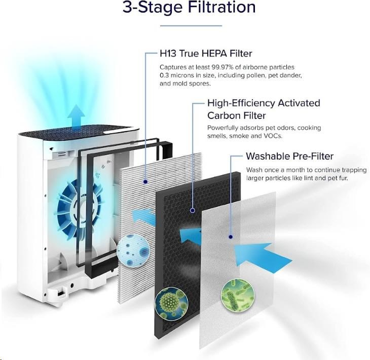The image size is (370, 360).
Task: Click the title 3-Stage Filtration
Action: (x=189, y=7)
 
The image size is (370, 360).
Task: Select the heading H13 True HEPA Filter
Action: (x=206, y=54)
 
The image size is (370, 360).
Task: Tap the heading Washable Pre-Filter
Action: (x=289, y=156)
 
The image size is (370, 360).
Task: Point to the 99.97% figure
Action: (x=223, y=67)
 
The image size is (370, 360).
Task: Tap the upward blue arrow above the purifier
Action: (x=76, y=117)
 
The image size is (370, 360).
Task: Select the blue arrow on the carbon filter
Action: (x=190, y=236)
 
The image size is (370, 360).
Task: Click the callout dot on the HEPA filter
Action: (x=145, y=182)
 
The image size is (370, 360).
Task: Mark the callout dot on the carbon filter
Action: (x=193, y=211)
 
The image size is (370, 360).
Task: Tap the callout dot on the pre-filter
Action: (x=231, y=236)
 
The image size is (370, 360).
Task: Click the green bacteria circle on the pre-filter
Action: (x=238, y=296)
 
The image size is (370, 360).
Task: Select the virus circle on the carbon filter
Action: (x=171, y=304)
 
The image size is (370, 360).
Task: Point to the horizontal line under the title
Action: (x=191, y=25)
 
